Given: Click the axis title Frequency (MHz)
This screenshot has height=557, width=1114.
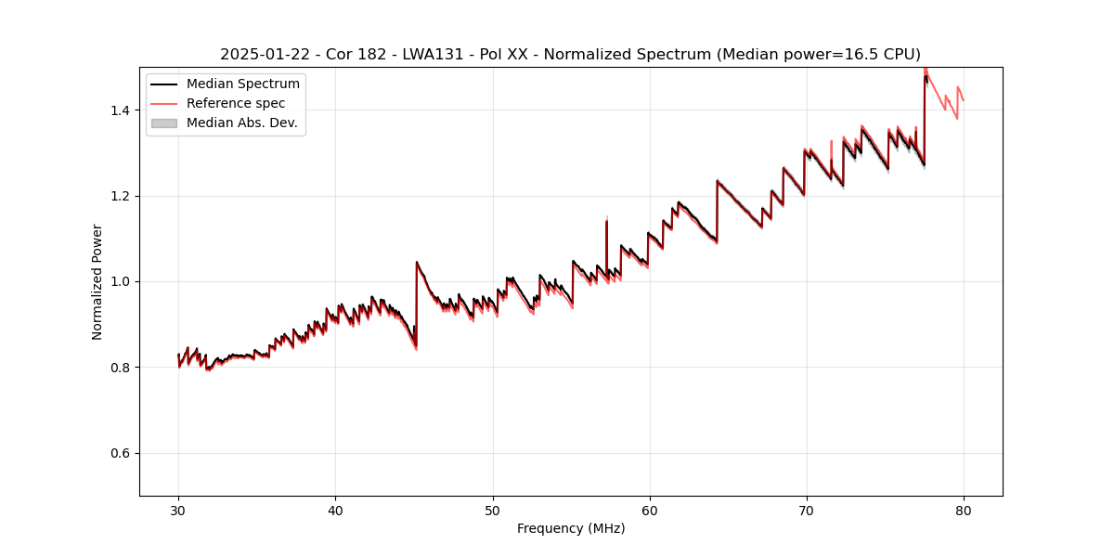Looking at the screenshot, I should click(571, 528).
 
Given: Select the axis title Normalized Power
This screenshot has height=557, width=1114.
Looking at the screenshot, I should click(97, 281).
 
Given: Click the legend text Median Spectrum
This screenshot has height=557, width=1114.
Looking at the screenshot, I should click(243, 84).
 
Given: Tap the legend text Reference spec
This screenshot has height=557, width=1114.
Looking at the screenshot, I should click(236, 103).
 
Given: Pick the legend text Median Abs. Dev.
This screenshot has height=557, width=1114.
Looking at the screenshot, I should click(242, 123).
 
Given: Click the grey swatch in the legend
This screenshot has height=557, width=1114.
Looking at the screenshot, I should click(164, 123).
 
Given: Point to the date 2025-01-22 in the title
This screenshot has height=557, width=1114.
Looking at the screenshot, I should click(265, 55).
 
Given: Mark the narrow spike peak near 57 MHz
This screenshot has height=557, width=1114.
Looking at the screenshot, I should click(606, 221).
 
